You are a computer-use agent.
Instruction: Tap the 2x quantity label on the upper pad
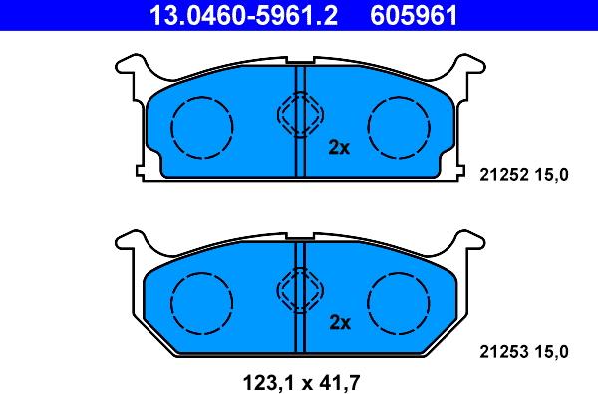click(339, 148)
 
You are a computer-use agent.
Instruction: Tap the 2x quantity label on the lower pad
click(339, 322)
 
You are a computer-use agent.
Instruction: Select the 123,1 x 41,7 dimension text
click(299, 380)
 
